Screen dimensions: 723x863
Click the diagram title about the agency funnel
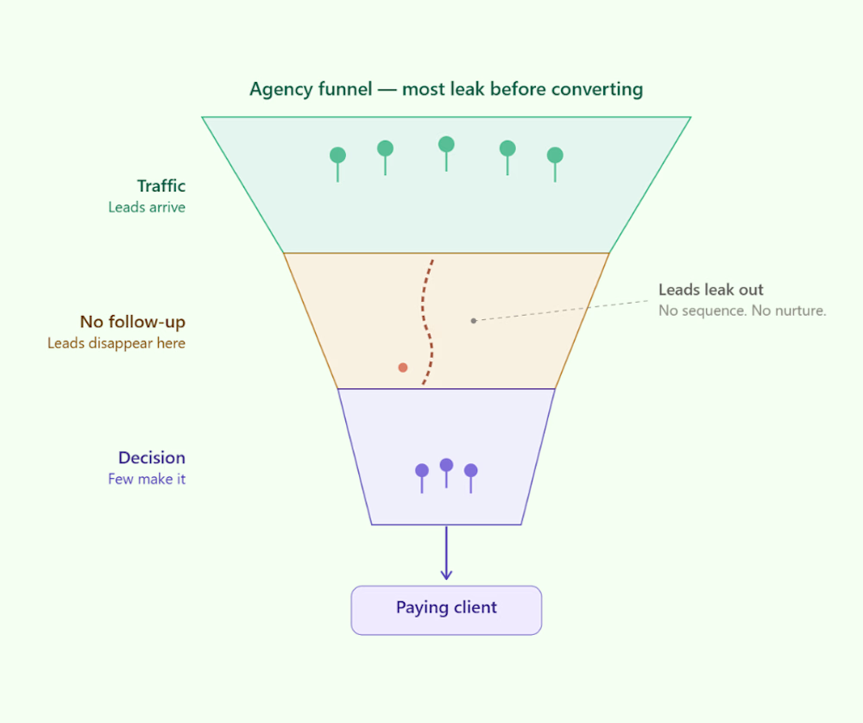tap(446, 89)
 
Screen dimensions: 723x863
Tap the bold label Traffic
tap(161, 186)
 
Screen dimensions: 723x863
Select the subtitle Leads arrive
tap(147, 207)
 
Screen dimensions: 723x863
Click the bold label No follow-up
tap(133, 322)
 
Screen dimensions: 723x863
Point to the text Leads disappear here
tap(117, 343)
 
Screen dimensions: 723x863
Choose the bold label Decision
tap(152, 458)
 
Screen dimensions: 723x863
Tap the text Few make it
tap(147, 479)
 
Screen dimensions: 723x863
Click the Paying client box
tap(446, 609)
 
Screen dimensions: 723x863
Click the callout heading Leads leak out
tap(710, 290)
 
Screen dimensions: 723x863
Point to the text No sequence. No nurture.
tap(742, 311)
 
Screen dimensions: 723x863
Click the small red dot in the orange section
tap(402, 368)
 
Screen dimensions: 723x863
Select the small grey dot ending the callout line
tap(473, 321)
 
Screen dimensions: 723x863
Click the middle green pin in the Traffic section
tap(446, 145)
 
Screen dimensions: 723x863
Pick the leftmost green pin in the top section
tap(337, 155)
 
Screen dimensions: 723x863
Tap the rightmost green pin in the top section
tap(555, 155)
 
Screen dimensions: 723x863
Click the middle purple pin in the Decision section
tap(446, 466)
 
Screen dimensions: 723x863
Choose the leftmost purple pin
tap(422, 471)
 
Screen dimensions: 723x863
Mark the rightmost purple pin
tap(470, 471)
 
